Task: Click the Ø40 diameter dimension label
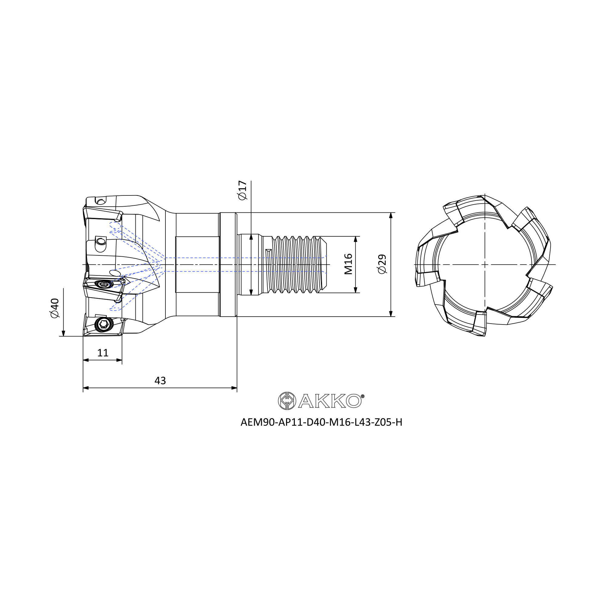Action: (x=55, y=308)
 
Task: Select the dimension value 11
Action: (x=103, y=353)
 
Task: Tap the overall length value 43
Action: (x=160, y=381)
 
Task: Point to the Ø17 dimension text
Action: (x=242, y=190)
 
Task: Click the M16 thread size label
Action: (x=348, y=264)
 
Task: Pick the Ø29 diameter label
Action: (x=382, y=264)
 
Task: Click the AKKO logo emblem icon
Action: (x=287, y=401)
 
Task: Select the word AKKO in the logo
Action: (x=329, y=401)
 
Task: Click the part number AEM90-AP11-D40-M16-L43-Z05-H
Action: (x=321, y=422)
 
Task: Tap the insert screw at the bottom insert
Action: (x=104, y=325)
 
